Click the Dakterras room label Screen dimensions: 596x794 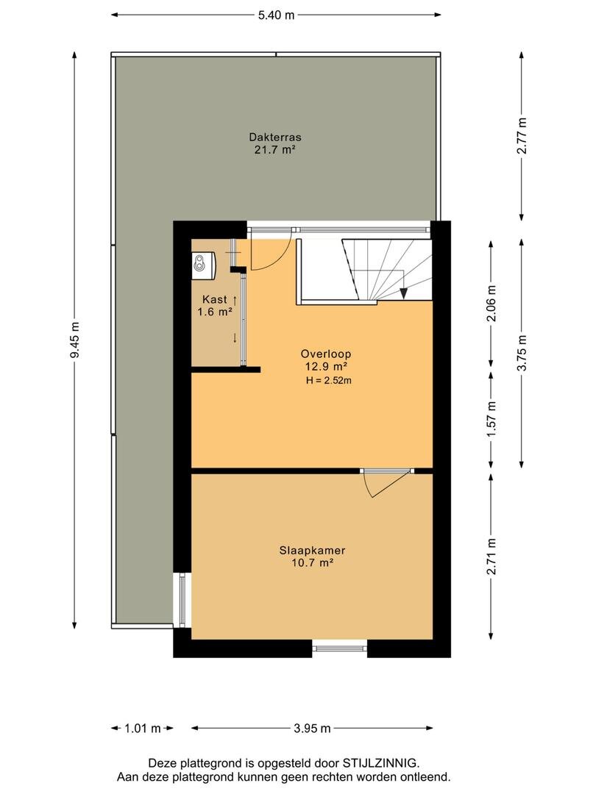tap(275, 137)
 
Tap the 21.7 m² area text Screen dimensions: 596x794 tap(275, 149)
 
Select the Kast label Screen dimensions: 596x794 tap(215, 299)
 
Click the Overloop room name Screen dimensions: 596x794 tap(326, 354)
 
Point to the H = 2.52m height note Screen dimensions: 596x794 tap(328, 380)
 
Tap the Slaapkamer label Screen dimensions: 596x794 tap(312, 550)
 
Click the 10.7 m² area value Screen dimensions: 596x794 tap(312, 562)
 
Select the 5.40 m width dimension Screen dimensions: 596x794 tap(276, 15)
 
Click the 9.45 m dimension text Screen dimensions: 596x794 tap(74, 340)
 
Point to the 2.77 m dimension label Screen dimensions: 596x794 tap(522, 136)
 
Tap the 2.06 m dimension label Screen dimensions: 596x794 tap(491, 304)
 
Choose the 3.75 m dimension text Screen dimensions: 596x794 tap(522, 353)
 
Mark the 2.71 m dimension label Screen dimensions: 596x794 tap(491, 557)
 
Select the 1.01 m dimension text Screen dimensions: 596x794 tap(143, 728)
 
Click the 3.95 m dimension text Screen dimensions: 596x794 tap(312, 728)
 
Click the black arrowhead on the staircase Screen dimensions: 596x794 tap(403, 293)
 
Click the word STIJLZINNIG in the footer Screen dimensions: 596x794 tap(380, 762)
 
